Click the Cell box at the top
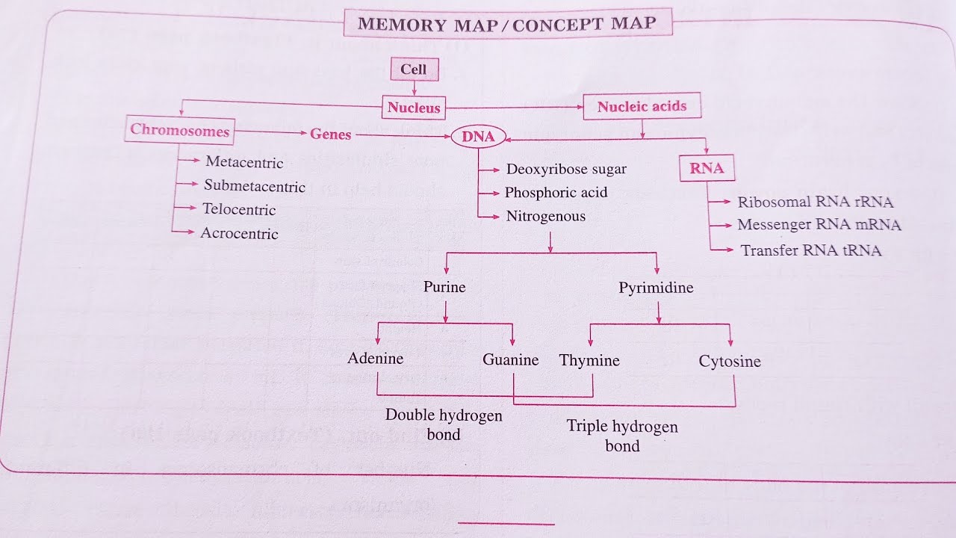click(x=414, y=69)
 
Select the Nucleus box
click(x=414, y=108)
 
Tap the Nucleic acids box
click(x=642, y=106)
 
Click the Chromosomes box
click(x=180, y=130)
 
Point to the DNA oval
click(x=479, y=137)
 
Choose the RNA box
click(x=707, y=168)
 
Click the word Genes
click(x=331, y=134)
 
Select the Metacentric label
click(x=244, y=162)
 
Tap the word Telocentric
click(x=239, y=210)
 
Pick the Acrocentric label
click(x=239, y=234)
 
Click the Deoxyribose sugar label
click(x=566, y=169)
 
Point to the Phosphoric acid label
click(x=556, y=193)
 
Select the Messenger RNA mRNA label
click(x=819, y=225)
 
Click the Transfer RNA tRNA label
click(x=811, y=250)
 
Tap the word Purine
click(x=444, y=287)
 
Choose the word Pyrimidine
click(x=656, y=288)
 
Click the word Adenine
click(x=376, y=359)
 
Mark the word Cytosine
click(x=730, y=362)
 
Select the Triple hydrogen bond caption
click(x=622, y=436)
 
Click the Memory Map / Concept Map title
click(x=507, y=23)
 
